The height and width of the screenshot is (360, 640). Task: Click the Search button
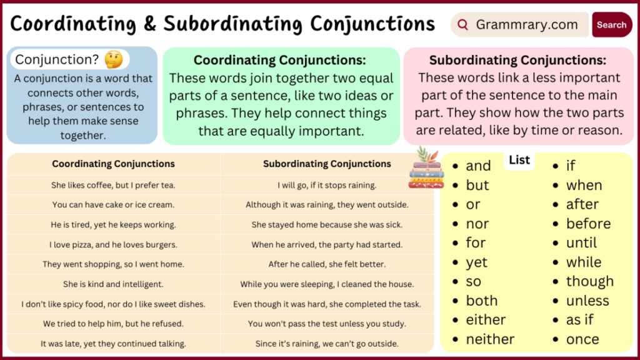click(x=611, y=25)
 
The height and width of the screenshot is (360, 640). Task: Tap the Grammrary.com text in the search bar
click(x=526, y=25)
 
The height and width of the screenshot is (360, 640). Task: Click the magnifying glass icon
click(x=463, y=25)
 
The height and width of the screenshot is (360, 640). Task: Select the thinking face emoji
click(x=113, y=59)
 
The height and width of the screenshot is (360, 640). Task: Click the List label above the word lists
click(x=519, y=160)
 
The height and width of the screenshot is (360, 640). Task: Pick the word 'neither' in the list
click(x=490, y=339)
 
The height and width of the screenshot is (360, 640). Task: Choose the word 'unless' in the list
click(x=587, y=301)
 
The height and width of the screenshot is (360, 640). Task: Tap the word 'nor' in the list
click(x=477, y=224)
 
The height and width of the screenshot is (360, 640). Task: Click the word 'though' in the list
click(x=589, y=281)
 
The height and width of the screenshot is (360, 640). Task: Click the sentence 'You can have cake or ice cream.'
click(x=113, y=205)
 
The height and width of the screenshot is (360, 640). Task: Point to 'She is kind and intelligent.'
click(x=113, y=284)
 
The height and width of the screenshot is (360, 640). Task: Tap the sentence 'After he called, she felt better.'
click(x=327, y=264)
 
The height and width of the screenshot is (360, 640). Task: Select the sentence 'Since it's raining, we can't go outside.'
click(x=327, y=343)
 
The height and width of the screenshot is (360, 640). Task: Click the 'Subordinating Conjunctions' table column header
click(x=327, y=164)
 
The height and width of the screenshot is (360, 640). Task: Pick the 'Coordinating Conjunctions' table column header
click(x=113, y=164)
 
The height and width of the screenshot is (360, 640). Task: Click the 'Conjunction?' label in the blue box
click(x=57, y=59)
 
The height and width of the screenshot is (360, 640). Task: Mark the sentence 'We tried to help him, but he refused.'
click(x=113, y=324)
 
